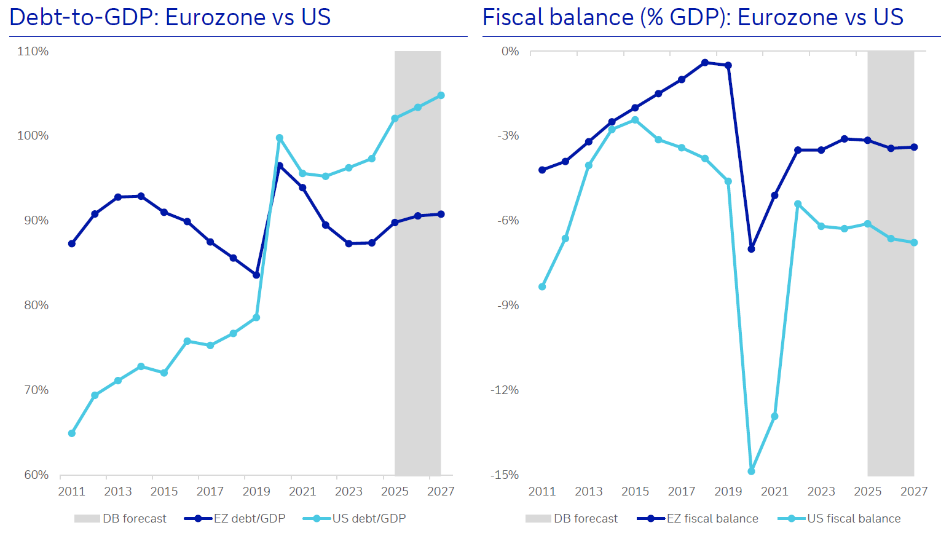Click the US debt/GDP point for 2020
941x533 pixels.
280,138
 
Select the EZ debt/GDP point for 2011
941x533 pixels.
72,244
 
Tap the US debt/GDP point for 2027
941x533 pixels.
441,96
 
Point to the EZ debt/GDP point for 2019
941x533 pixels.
256,275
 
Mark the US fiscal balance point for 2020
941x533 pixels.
751,472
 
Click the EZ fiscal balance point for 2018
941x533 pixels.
705,63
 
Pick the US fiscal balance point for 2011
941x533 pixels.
542,287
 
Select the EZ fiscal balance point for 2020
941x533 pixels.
751,249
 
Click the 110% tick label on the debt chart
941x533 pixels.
33,52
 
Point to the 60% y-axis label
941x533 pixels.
36,475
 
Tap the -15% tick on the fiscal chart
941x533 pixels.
504,475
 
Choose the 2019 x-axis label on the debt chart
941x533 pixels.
256,492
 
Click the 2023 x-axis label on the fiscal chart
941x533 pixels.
821,492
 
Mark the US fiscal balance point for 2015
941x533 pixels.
635,120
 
